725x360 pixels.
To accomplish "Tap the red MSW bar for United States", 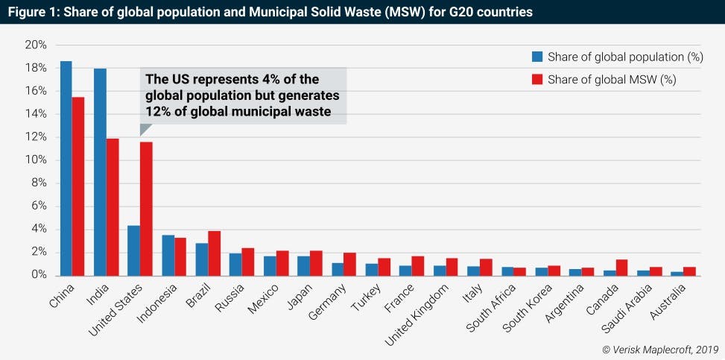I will click(x=146, y=208).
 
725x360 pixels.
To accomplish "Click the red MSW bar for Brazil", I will click(x=214, y=253).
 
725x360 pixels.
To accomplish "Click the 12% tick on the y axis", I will click(x=37, y=137).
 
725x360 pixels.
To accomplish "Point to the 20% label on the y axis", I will click(x=37, y=45).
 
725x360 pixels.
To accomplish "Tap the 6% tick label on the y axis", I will click(x=39, y=206).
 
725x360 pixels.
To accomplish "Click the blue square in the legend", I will click(x=536, y=57).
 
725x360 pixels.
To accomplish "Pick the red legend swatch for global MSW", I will click(x=536, y=79).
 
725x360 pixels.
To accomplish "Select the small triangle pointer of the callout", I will click(x=145, y=130).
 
